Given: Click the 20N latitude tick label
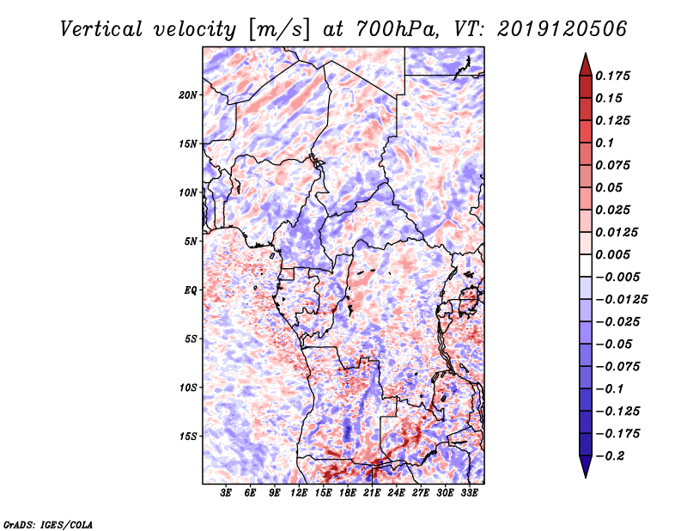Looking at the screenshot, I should [188, 95].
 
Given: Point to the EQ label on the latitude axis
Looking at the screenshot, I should [191, 290].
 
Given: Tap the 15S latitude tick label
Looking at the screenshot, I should [188, 436].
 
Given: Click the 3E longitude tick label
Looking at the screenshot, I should [227, 494].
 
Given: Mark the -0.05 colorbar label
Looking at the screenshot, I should [613, 344].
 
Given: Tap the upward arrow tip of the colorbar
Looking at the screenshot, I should [585, 56].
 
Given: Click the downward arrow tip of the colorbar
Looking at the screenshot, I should [585, 474].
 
